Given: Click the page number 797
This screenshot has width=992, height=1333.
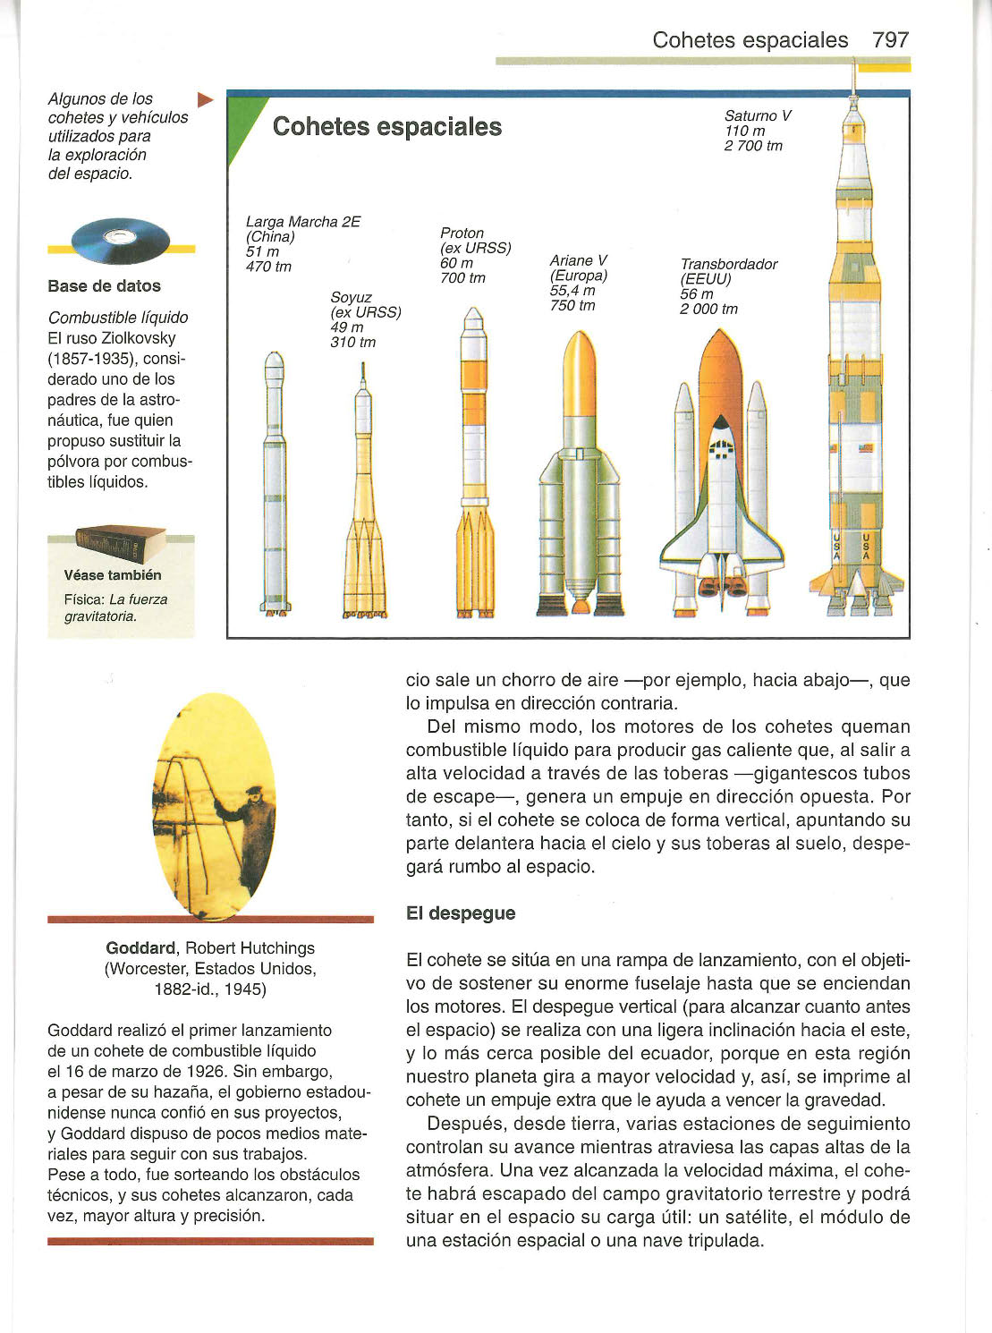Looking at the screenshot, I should coord(890,40).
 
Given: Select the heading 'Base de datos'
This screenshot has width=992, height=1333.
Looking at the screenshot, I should coord(105,286).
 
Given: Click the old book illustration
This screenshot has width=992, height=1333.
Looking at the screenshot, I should coord(120,543).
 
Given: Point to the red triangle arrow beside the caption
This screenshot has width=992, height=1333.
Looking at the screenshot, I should coord(205,99).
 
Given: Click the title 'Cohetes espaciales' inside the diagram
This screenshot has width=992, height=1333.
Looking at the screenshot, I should coord(386,127).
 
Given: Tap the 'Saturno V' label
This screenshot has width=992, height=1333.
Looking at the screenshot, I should coord(758,115).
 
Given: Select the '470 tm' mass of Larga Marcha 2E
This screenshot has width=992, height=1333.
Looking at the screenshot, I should coord(268,267).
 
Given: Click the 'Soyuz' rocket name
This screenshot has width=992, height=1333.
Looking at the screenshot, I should coord(351,297).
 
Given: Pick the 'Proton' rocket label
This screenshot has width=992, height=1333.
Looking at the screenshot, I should coord(462,233).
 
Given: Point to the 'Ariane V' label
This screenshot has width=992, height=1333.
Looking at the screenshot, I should coord(578,260).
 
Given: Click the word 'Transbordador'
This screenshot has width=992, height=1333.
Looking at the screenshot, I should coord(728,264).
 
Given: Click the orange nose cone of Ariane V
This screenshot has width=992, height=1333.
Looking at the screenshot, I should coord(580,358).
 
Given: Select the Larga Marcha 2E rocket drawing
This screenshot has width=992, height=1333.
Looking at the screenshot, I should coord(275,483).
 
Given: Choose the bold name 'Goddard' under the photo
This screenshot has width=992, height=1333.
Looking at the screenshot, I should coord(140,948).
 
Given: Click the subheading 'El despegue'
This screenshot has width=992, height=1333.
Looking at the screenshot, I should coord(460,913).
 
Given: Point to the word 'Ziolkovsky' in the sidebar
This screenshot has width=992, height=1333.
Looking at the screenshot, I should coord(137,338).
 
